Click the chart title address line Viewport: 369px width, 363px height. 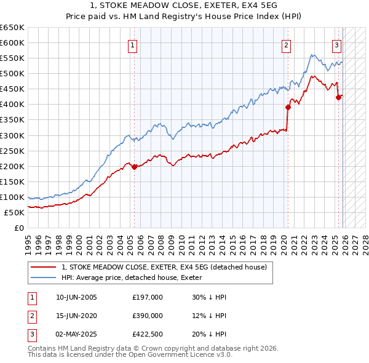184,6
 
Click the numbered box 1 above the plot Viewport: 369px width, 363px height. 133,44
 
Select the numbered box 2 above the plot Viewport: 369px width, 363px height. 287,44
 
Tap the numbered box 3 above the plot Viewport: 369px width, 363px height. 337,44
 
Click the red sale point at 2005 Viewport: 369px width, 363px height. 134,167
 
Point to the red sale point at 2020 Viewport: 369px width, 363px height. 288,107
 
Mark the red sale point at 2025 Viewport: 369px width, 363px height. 338,97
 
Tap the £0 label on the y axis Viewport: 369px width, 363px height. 18,228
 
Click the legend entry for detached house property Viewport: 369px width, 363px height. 164,267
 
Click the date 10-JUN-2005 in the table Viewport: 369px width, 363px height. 76,297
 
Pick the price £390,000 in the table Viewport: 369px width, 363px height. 148,316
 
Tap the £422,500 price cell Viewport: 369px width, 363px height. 148,334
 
